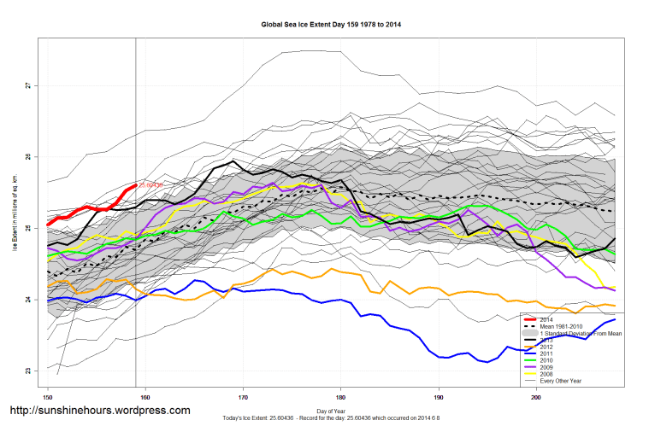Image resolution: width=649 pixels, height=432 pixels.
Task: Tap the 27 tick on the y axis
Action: (27, 85)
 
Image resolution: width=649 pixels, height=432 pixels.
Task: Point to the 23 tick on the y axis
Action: (27, 371)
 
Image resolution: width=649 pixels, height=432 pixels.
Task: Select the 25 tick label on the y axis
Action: (27, 228)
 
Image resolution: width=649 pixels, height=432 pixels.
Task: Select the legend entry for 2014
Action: (546, 318)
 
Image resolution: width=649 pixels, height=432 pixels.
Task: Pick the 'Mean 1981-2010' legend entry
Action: (563, 325)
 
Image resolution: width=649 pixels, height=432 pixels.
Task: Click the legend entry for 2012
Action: (546, 347)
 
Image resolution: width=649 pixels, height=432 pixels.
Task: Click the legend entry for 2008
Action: (546, 374)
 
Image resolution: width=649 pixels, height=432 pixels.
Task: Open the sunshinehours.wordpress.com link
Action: (99, 411)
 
